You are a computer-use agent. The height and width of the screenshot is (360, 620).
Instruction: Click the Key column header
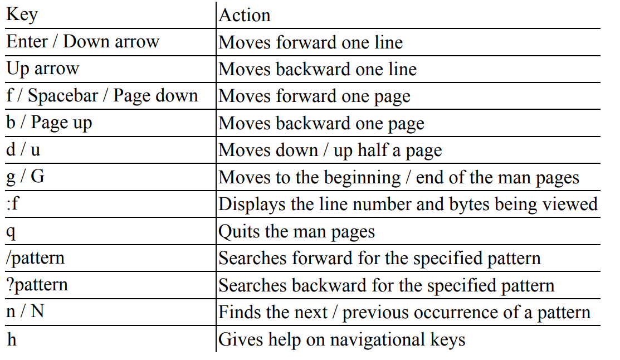(22, 15)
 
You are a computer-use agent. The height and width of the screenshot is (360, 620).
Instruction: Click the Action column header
(245, 16)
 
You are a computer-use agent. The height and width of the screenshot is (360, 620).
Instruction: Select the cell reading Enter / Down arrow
(82, 41)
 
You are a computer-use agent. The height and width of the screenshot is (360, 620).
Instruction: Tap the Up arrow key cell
(43, 69)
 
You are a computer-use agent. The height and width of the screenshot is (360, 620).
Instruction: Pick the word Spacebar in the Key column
(63, 96)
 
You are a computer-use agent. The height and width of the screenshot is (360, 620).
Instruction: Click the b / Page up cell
(49, 123)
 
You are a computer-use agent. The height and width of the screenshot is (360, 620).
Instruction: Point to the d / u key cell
(23, 149)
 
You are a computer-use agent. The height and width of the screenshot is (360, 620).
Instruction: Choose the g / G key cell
(25, 177)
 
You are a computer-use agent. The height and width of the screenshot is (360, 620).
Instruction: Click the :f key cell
(13, 203)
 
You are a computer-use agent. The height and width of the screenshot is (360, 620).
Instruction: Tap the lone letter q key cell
(11, 232)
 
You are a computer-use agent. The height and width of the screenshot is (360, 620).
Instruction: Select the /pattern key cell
(35, 258)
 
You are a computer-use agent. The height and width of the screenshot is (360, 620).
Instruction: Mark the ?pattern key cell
(37, 285)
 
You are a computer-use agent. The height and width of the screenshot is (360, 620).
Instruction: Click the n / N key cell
(25, 312)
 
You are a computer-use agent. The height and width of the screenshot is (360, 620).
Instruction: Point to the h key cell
(12, 339)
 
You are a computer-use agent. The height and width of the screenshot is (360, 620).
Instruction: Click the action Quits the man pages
(296, 231)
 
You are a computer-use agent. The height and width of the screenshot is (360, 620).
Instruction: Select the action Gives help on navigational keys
(341, 339)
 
